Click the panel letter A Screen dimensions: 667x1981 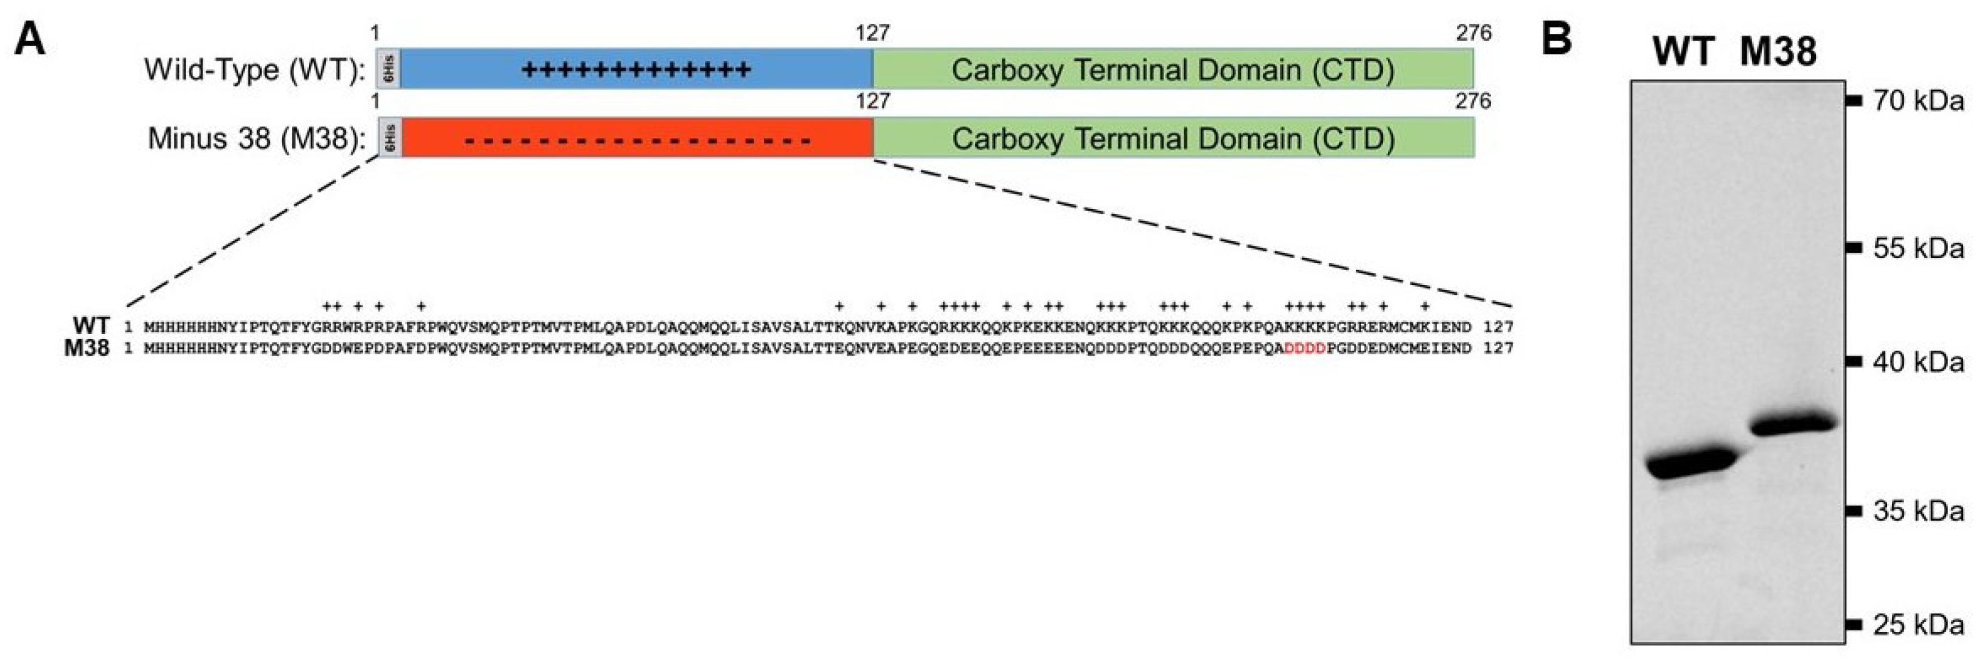(x=30, y=38)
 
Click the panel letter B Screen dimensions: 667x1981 (x=1557, y=38)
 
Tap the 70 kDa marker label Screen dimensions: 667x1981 (x=1918, y=101)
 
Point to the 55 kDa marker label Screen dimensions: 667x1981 (x=1918, y=248)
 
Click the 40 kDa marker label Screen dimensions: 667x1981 (x=1918, y=361)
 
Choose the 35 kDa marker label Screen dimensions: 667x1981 (x=1918, y=511)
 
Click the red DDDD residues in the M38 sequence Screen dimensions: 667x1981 (x=1305, y=348)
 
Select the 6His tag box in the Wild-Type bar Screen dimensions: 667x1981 (x=389, y=69)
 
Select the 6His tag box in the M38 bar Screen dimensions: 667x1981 (x=389, y=138)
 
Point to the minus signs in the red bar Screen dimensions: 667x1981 (x=638, y=142)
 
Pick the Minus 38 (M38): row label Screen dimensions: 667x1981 (x=256, y=138)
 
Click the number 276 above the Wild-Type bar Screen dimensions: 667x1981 (x=1473, y=33)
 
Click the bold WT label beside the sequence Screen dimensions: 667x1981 (x=91, y=326)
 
